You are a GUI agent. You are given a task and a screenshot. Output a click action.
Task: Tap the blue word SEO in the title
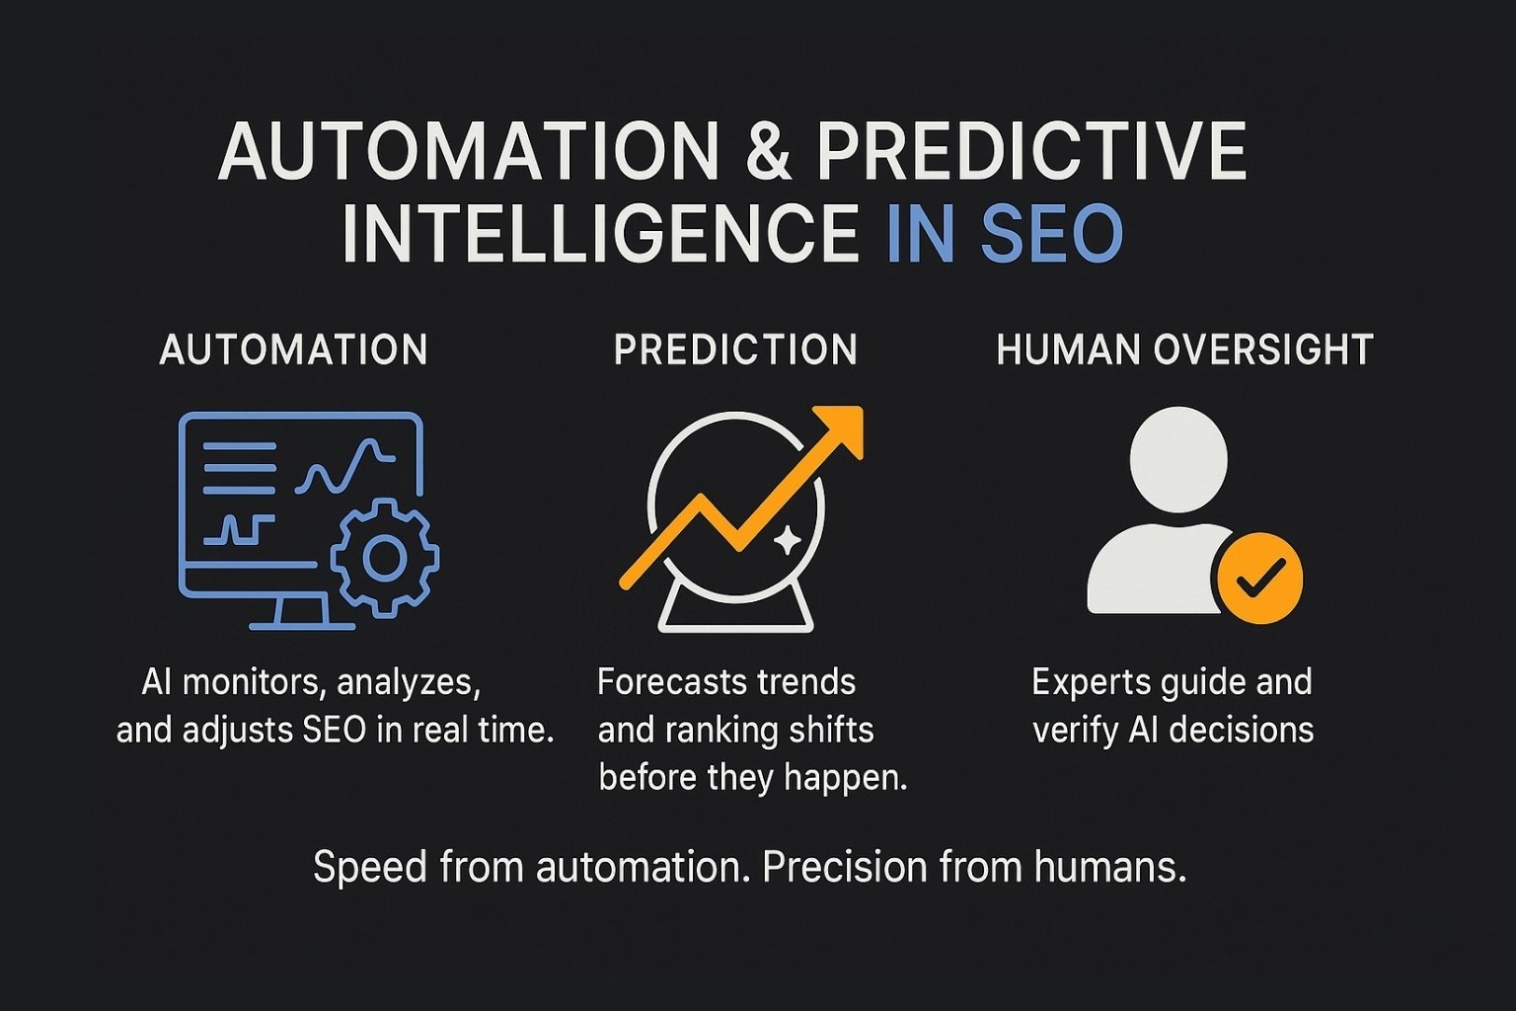[x=1052, y=234]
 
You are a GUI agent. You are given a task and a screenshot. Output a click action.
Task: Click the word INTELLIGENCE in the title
[x=601, y=234]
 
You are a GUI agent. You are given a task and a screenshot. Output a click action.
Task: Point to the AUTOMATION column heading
[x=293, y=350]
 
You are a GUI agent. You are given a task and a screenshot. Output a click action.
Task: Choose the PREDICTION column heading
[x=735, y=350]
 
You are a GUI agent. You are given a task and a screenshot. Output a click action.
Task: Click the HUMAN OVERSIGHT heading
[x=1184, y=350]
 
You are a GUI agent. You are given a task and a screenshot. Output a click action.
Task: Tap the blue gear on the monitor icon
[x=384, y=558]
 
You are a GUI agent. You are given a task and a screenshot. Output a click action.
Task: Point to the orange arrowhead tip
[x=861, y=409]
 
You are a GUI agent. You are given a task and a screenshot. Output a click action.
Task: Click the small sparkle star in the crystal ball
[x=787, y=541]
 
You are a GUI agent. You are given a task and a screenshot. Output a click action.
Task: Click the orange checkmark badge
[x=1259, y=579]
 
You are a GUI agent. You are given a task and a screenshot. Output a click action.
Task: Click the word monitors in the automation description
[x=248, y=682]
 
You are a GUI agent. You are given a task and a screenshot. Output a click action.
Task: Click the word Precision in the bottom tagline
[x=845, y=867]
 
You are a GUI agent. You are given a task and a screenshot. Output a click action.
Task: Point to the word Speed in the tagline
[x=370, y=868]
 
